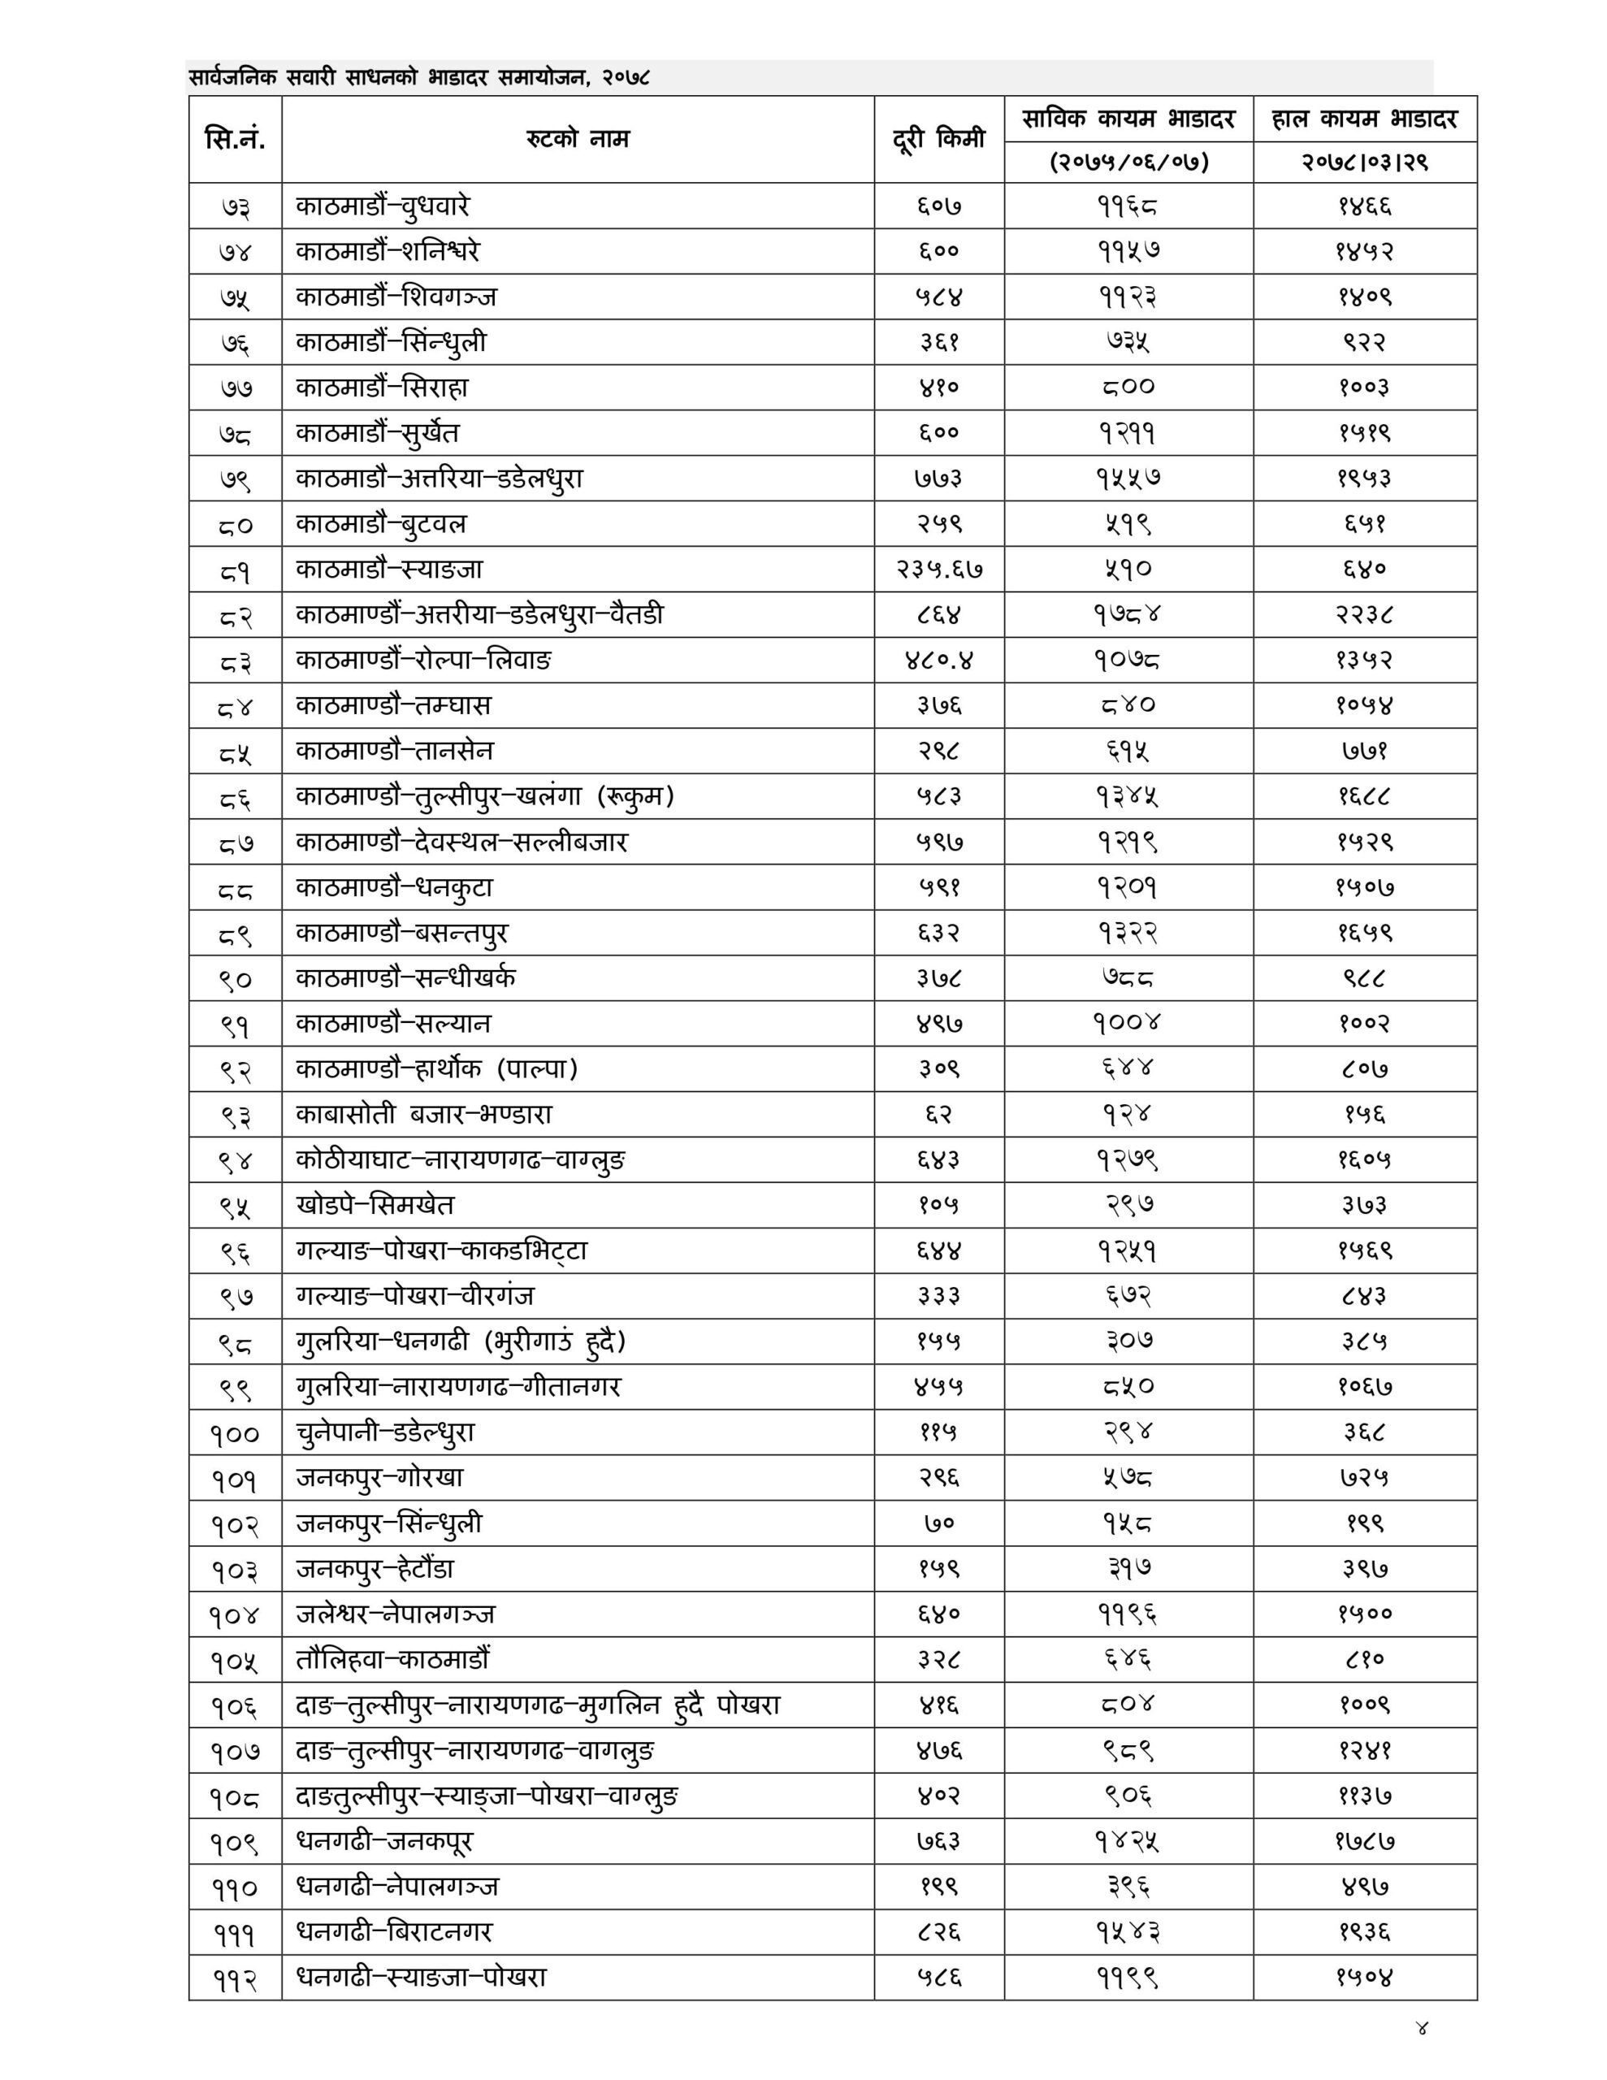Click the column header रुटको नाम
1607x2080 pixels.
(x=578, y=139)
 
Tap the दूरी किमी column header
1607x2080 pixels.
(x=938, y=139)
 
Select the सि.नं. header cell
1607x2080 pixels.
(x=234, y=139)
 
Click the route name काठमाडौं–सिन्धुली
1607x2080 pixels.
(x=391, y=342)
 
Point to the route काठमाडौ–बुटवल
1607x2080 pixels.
(x=381, y=524)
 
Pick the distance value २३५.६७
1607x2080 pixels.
(x=938, y=570)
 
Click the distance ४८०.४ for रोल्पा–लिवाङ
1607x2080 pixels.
(x=938, y=660)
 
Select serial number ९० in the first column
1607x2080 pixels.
(x=234, y=979)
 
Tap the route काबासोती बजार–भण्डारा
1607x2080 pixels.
(x=424, y=1114)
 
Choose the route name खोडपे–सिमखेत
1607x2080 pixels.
(x=375, y=1206)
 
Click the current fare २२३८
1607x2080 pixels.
(x=1364, y=615)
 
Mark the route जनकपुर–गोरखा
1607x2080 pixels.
(x=379, y=1478)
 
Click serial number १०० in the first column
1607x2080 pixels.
(x=234, y=1433)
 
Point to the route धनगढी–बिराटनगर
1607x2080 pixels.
(x=394, y=1932)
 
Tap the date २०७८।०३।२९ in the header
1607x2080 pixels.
(x=1364, y=162)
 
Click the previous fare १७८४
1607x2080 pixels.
(x=1128, y=615)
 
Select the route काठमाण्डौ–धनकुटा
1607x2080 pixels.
(x=394, y=887)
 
